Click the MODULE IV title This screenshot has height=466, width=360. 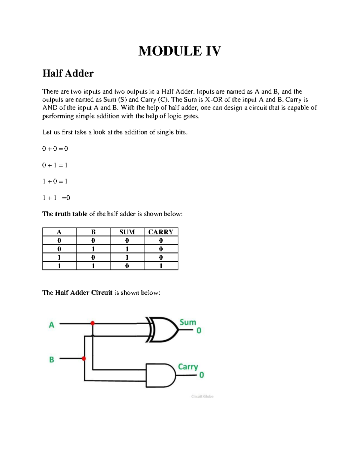pyautogui.click(x=180, y=51)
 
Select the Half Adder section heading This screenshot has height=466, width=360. pyautogui.click(x=68, y=73)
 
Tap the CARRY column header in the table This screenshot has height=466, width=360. pyautogui.click(x=161, y=232)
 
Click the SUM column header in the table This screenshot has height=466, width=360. pyautogui.click(x=127, y=232)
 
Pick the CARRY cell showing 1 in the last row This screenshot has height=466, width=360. pyautogui.click(x=161, y=266)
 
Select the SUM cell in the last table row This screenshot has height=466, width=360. pyautogui.click(x=127, y=266)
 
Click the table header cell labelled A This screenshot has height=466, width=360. pyautogui.click(x=59, y=232)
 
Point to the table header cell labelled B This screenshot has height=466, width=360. pyautogui.click(x=93, y=232)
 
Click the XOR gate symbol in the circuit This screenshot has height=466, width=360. pyautogui.click(x=162, y=329)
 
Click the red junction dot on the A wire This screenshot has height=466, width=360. pyautogui.click(x=93, y=323)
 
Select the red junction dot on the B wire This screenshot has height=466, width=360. pyautogui.click(x=84, y=359)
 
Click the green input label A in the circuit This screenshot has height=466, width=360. pyautogui.click(x=52, y=325)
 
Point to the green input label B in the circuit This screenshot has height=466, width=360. pyautogui.click(x=52, y=359)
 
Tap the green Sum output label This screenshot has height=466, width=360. pyautogui.click(x=188, y=322)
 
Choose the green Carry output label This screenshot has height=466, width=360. pyautogui.click(x=188, y=367)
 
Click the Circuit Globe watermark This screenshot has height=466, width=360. pyautogui.click(x=202, y=396)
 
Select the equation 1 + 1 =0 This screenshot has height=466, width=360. pyautogui.click(x=56, y=198)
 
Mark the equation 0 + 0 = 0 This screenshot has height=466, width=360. pyautogui.click(x=55, y=149)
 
